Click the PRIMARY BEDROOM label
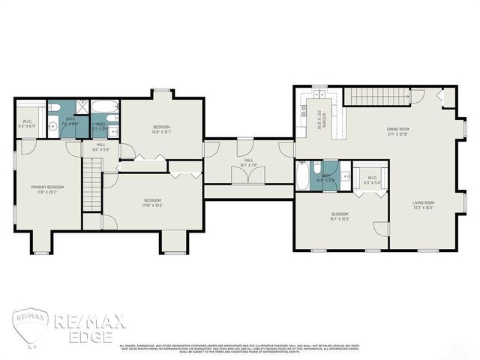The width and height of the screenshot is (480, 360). tap(47, 189)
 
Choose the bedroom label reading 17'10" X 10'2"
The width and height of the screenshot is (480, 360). tap(152, 202)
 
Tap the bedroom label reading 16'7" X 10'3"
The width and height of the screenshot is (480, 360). tap(339, 217)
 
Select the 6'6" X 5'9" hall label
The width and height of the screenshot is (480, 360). tap(101, 147)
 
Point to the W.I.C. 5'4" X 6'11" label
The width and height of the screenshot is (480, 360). tap(27, 124)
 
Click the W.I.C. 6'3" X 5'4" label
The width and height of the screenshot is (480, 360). tap(372, 181)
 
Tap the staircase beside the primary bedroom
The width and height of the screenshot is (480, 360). tap(91, 193)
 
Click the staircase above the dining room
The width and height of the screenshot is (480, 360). tap(377, 97)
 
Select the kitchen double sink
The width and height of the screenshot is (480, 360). tap(319, 94)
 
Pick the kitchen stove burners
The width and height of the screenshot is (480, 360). tap(303, 112)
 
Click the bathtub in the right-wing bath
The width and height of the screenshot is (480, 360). tap(301, 175)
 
